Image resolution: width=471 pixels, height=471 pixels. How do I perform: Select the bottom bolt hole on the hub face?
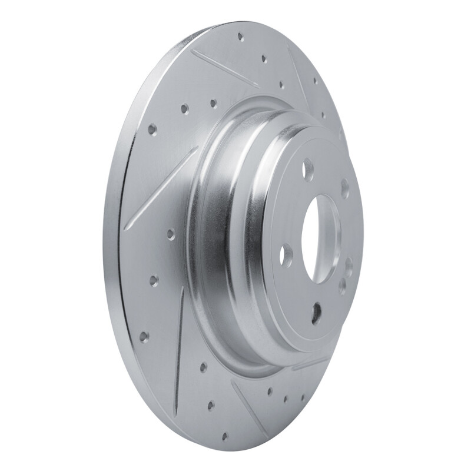coord(317,313)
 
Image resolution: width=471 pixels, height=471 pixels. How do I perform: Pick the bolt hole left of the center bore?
coord(286,254)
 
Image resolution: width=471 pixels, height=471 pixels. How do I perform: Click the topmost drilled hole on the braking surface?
coord(240,37)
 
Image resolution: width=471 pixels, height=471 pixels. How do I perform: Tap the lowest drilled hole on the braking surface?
coord(224,436)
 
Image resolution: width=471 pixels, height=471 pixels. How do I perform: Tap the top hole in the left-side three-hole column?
coord(170,234)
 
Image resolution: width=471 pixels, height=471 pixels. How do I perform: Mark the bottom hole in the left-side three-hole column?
coord(143,336)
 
